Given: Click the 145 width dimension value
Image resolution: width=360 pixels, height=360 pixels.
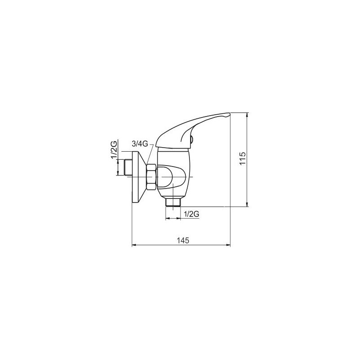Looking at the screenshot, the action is [183, 240].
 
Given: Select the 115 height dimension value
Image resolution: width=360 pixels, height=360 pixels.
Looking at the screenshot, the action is [243, 158].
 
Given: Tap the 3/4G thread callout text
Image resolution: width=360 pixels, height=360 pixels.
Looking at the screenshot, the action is [140, 144].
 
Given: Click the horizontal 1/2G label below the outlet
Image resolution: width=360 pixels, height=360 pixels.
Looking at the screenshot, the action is [192, 214].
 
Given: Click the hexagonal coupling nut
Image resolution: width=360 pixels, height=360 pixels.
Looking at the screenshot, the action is [152, 177].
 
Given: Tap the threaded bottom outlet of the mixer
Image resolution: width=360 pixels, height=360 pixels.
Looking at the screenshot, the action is [173, 202].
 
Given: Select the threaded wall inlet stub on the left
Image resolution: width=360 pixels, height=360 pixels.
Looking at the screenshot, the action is [128, 167].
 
